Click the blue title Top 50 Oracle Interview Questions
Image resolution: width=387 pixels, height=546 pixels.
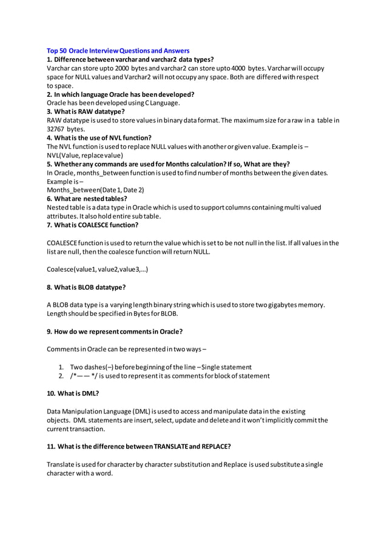pos(118,51)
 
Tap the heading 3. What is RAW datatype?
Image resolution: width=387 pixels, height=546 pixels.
pos(86,111)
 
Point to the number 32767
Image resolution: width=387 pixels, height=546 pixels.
pos(56,129)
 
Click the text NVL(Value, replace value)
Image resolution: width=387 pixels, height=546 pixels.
pos(85,155)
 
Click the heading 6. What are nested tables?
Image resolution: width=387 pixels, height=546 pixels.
pos(87,199)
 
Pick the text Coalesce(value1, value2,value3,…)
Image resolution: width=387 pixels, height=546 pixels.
pos(97,269)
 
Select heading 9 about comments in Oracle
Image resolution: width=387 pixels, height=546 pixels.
pos(115,331)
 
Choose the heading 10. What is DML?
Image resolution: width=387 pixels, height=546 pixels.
pos(73,393)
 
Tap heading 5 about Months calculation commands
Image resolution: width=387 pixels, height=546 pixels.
pos(168,163)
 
